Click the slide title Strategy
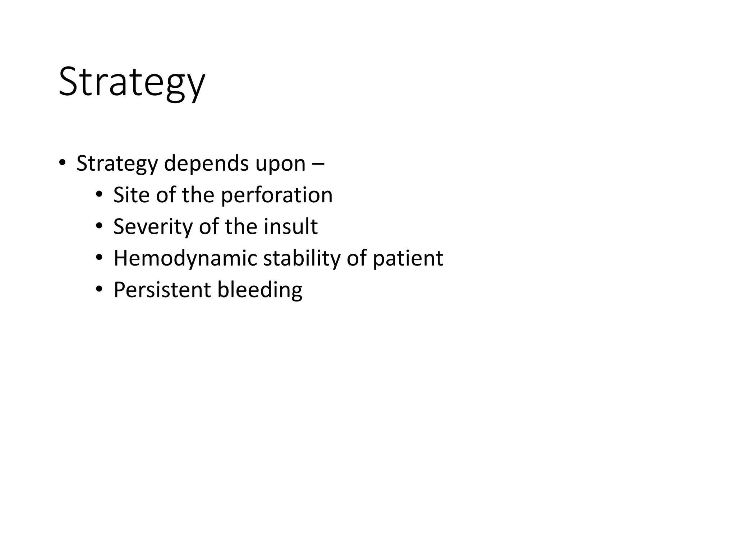pos(132,82)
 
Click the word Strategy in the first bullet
pos(117,164)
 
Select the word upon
pos(280,164)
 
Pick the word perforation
pos(276,195)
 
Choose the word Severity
pos(153,227)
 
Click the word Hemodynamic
pos(185,258)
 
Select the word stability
pos(302,258)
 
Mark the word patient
pos(408,258)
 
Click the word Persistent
pos(162,290)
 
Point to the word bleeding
pos(260,290)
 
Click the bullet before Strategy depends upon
pos(62,163)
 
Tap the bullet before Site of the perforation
pos(99,194)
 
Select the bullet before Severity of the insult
pos(99,226)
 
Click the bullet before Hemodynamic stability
pos(99,258)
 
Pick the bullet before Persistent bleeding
pos(99,289)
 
